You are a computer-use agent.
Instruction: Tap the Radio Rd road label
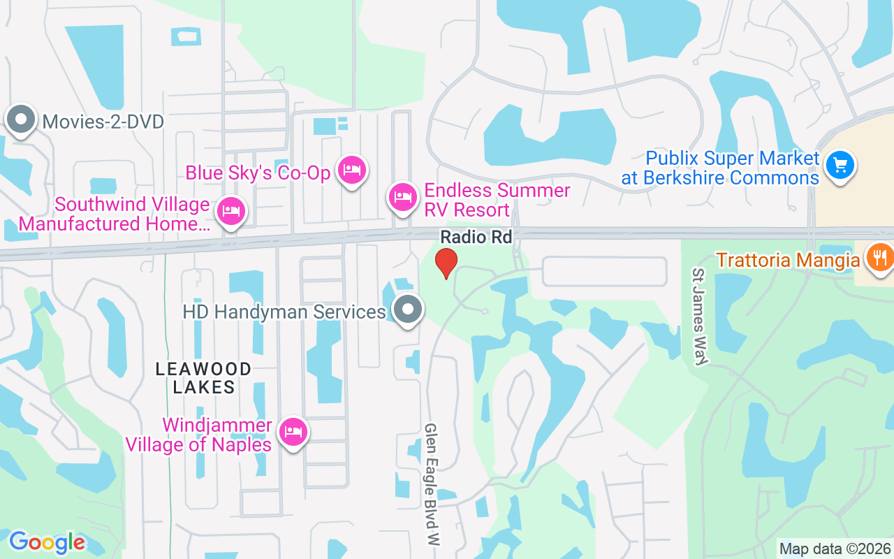[x=476, y=238]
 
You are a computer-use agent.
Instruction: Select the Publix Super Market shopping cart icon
[x=840, y=166]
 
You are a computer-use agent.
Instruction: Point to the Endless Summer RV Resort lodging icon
[x=402, y=197]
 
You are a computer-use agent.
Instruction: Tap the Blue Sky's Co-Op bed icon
[x=352, y=170]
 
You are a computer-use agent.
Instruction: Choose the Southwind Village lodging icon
[x=230, y=211]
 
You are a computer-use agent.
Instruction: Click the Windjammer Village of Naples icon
[x=293, y=432]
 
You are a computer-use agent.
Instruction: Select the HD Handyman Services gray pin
[x=408, y=310]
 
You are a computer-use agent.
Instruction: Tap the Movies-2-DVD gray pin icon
[x=21, y=119]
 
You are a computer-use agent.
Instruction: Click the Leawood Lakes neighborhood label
[x=203, y=378]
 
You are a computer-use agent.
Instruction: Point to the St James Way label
[x=701, y=316]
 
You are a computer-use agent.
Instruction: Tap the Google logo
[x=47, y=542]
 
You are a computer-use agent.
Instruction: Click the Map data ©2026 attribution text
[x=835, y=549]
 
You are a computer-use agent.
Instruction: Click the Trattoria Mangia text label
[x=778, y=261]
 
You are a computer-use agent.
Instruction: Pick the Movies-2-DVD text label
[x=103, y=122]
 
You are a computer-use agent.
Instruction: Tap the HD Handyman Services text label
[x=284, y=312]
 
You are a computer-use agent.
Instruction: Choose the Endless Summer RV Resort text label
[x=497, y=200]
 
